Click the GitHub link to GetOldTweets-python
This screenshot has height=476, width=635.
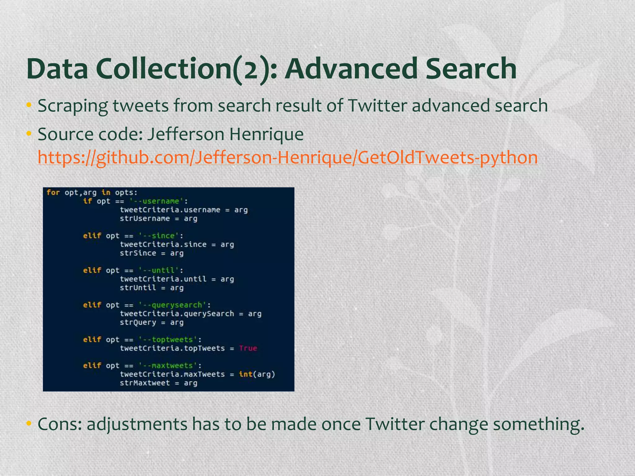(287, 157)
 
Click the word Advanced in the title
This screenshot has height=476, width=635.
(350, 69)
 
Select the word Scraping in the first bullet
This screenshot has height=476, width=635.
(73, 106)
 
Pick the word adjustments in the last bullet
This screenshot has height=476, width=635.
(137, 424)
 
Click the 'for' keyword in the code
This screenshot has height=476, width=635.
(53, 192)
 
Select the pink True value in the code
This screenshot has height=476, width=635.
(248, 348)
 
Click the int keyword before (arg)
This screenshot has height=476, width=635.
(246, 374)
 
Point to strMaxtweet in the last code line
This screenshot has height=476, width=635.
(145, 383)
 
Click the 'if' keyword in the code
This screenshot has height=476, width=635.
(87, 201)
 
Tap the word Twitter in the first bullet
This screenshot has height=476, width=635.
(377, 106)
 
